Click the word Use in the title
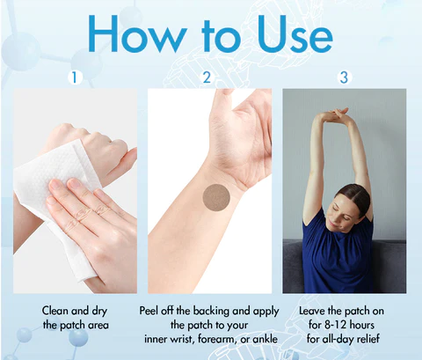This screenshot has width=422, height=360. pyautogui.click(x=295, y=33)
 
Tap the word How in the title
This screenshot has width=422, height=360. pyautogui.click(x=137, y=33)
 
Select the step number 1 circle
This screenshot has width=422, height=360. pyautogui.click(x=75, y=77)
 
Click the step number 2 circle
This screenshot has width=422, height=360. pyautogui.click(x=207, y=77)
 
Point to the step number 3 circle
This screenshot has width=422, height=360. pyautogui.click(x=344, y=77)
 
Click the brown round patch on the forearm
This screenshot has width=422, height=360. pyautogui.click(x=216, y=197)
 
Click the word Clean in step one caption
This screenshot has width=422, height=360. pyautogui.click(x=55, y=311)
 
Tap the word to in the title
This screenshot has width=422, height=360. pyautogui.click(x=222, y=37)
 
